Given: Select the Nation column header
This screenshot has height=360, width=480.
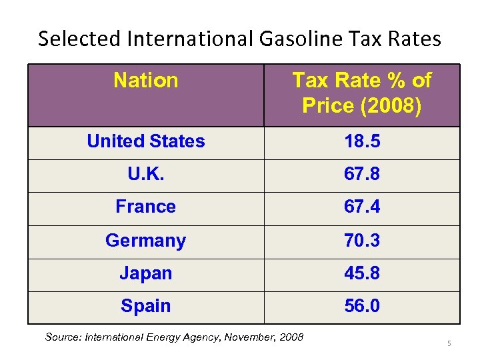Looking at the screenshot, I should point(145,81).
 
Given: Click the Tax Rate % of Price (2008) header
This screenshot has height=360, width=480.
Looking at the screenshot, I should point(361,93).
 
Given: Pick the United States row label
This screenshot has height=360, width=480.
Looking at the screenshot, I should point(145,141).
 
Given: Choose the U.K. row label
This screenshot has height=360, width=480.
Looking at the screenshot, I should point(145,174).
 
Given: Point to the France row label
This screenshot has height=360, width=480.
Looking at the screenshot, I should point(145,207).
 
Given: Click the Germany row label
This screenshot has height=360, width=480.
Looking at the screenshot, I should point(145,240).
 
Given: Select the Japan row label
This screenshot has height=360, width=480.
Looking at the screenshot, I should point(145,273).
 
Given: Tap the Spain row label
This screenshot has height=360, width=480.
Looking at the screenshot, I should point(145,306).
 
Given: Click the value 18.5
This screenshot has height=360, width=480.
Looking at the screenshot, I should point(361,141).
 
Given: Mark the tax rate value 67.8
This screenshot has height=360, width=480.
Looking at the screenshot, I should point(361,174).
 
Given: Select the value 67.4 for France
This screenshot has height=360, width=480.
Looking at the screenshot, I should point(361,207).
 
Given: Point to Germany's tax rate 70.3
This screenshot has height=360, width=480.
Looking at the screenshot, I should point(361,240).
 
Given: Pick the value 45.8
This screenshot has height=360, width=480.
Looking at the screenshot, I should point(361,273).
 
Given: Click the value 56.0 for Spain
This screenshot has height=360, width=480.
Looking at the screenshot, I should point(361,306).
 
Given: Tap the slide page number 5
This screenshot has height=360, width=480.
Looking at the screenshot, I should point(449,343).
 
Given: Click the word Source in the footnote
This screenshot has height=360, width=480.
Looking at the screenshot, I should point(62,337).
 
